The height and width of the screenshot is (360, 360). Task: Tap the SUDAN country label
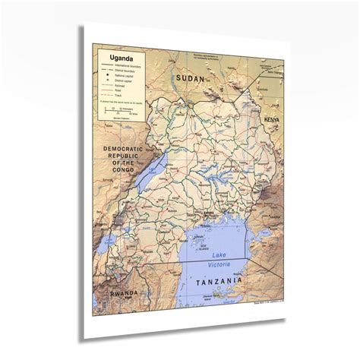point(190,77)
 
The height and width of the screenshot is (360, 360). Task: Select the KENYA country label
point(271,121)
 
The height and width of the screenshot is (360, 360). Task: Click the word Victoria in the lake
point(219,264)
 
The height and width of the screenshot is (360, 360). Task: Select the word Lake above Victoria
point(219,254)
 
